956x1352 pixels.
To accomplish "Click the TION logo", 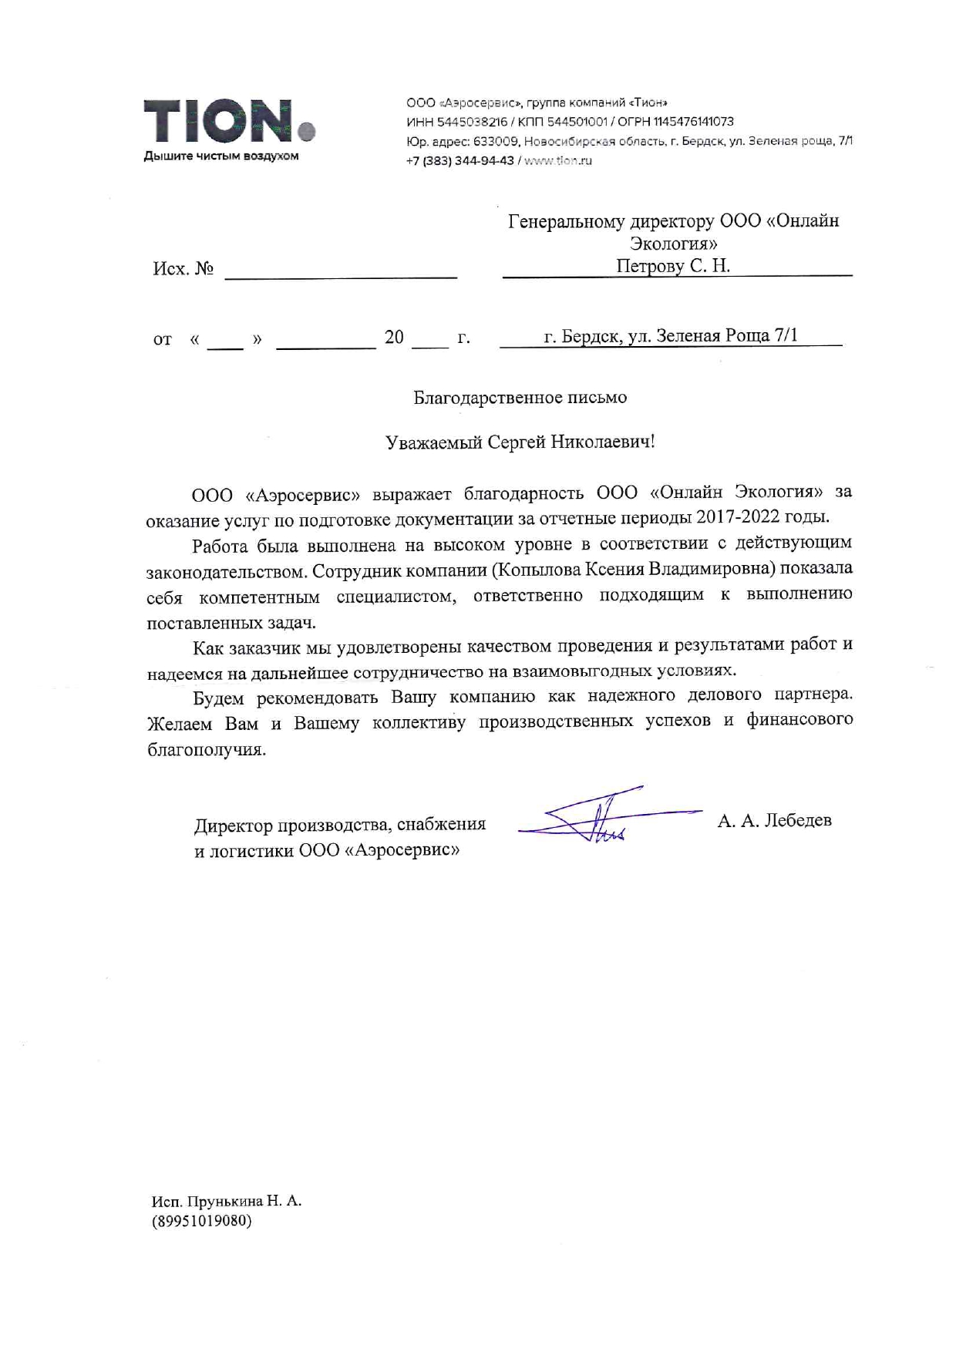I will [x=229, y=122].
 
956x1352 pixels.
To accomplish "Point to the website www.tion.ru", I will [x=557, y=161].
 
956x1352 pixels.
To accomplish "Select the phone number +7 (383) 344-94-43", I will [x=459, y=161].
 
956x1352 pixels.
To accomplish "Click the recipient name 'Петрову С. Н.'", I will [x=672, y=266].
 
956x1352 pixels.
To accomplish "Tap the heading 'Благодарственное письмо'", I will [x=520, y=398].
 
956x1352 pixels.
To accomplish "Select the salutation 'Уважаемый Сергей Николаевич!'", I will [x=520, y=442].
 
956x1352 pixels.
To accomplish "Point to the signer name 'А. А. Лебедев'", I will [x=774, y=820].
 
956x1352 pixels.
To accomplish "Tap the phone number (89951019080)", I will [x=202, y=1221].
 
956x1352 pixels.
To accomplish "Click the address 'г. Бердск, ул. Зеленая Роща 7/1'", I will [x=671, y=336].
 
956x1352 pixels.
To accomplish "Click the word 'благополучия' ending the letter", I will [x=207, y=750].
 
